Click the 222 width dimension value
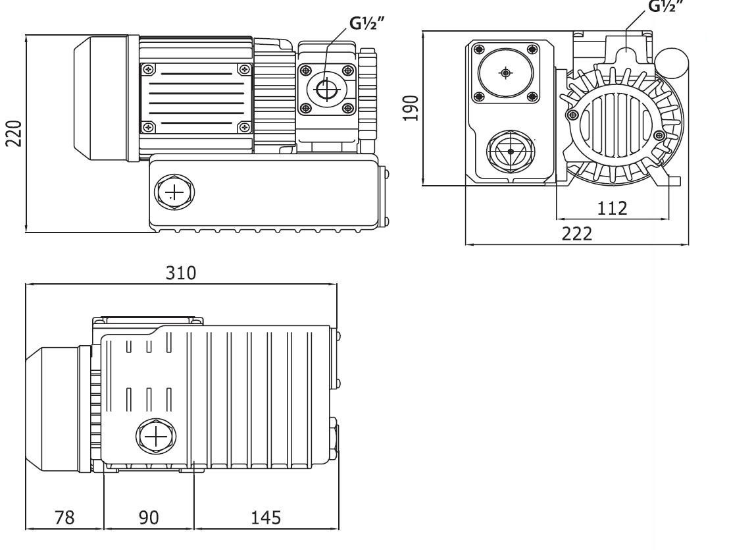(x=576, y=234)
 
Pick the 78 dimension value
(x=64, y=518)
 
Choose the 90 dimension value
(x=149, y=518)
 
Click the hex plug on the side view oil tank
(x=173, y=193)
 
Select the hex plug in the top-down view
(x=156, y=437)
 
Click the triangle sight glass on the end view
(x=511, y=151)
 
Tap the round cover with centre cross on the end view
(x=505, y=72)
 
